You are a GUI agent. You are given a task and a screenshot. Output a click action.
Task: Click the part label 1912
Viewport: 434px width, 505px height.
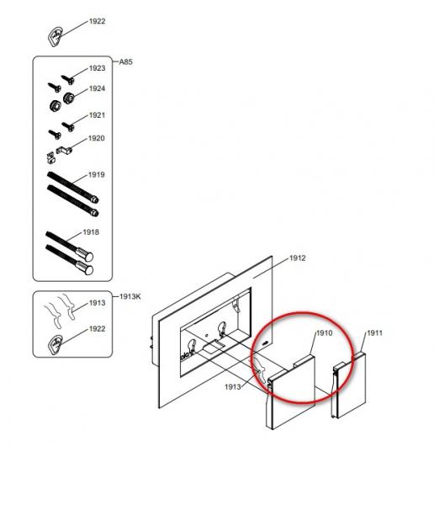[297, 258]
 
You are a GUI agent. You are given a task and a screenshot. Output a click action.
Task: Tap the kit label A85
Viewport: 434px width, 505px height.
[125, 61]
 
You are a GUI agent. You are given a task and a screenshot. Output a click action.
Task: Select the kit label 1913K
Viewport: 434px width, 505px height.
[130, 296]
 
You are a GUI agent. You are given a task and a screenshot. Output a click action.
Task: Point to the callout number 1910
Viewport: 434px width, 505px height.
[324, 332]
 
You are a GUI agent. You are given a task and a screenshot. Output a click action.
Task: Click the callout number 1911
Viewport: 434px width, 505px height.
[374, 332]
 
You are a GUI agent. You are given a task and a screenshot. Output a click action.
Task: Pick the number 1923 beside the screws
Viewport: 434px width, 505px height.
[97, 68]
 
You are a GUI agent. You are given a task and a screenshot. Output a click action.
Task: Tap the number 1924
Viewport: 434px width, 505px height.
[97, 88]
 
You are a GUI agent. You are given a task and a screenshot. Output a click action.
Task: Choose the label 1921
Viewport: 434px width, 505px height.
[97, 115]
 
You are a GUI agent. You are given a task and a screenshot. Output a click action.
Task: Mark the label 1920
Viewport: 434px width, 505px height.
[97, 138]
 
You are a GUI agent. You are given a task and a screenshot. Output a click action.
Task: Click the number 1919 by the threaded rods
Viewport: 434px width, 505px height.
[97, 174]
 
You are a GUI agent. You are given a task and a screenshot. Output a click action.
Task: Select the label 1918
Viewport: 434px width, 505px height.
[91, 232]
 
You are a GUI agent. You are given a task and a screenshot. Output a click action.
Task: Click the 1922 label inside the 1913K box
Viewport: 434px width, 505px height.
[97, 328]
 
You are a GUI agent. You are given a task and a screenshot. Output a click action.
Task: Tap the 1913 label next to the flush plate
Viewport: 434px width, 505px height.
[232, 386]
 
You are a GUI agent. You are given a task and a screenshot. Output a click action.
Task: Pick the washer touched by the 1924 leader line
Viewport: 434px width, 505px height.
[68, 98]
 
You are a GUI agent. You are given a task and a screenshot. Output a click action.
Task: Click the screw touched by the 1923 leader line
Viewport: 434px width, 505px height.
[68, 79]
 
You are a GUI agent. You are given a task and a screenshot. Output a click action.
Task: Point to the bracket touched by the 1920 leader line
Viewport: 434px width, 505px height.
[64, 150]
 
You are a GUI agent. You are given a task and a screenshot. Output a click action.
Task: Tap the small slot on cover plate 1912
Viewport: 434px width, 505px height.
[265, 343]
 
